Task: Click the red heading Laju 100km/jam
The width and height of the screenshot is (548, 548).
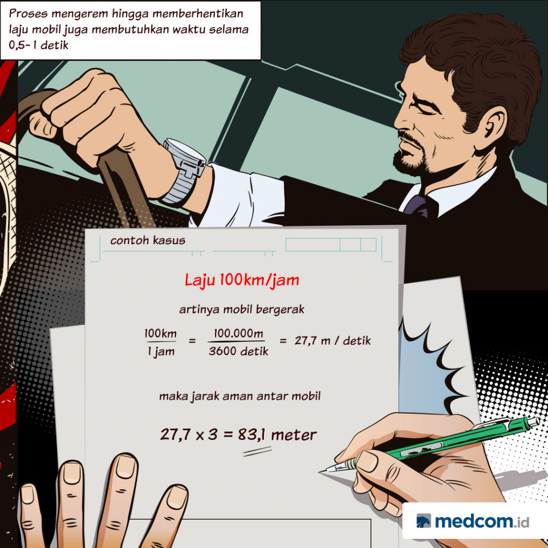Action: pos(242,280)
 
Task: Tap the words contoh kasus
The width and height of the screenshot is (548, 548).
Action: pos(148,240)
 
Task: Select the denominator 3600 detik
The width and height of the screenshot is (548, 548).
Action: pos(238,352)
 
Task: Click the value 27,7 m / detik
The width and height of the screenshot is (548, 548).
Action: pos(332,341)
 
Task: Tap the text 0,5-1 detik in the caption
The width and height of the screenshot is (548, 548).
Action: pos(39,45)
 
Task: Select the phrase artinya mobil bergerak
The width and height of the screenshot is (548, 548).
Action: pos(242,309)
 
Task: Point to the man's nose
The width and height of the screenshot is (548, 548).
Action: pos(402,124)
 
